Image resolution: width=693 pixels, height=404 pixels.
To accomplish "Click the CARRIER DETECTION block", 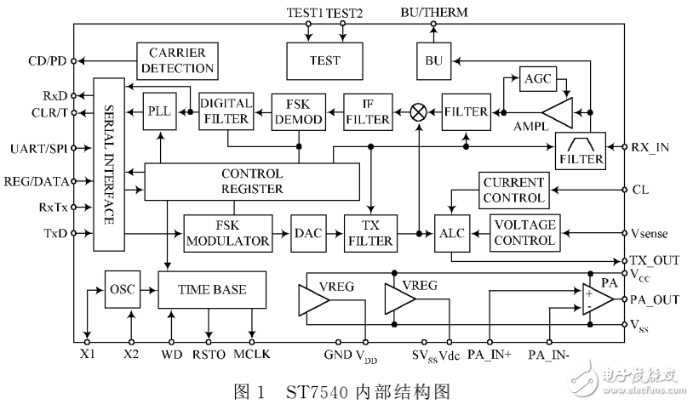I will click(177, 60).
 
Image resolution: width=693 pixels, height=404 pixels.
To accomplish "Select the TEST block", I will click(325, 60).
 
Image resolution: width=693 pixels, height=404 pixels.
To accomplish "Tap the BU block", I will click(432, 60).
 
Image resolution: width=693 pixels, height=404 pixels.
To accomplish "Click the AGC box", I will click(537, 77).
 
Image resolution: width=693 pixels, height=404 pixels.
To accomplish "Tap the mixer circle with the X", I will click(419, 111).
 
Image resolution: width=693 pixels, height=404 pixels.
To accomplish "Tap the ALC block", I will click(449, 232).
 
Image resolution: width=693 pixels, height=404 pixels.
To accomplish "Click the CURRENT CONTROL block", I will click(513, 189).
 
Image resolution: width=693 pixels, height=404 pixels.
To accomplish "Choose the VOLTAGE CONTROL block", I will click(524, 232).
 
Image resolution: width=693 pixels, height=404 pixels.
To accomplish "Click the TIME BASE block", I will click(211, 289).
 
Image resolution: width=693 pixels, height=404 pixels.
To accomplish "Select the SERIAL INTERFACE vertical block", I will click(108, 164).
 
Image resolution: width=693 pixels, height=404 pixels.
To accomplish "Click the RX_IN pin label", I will click(651, 146).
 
